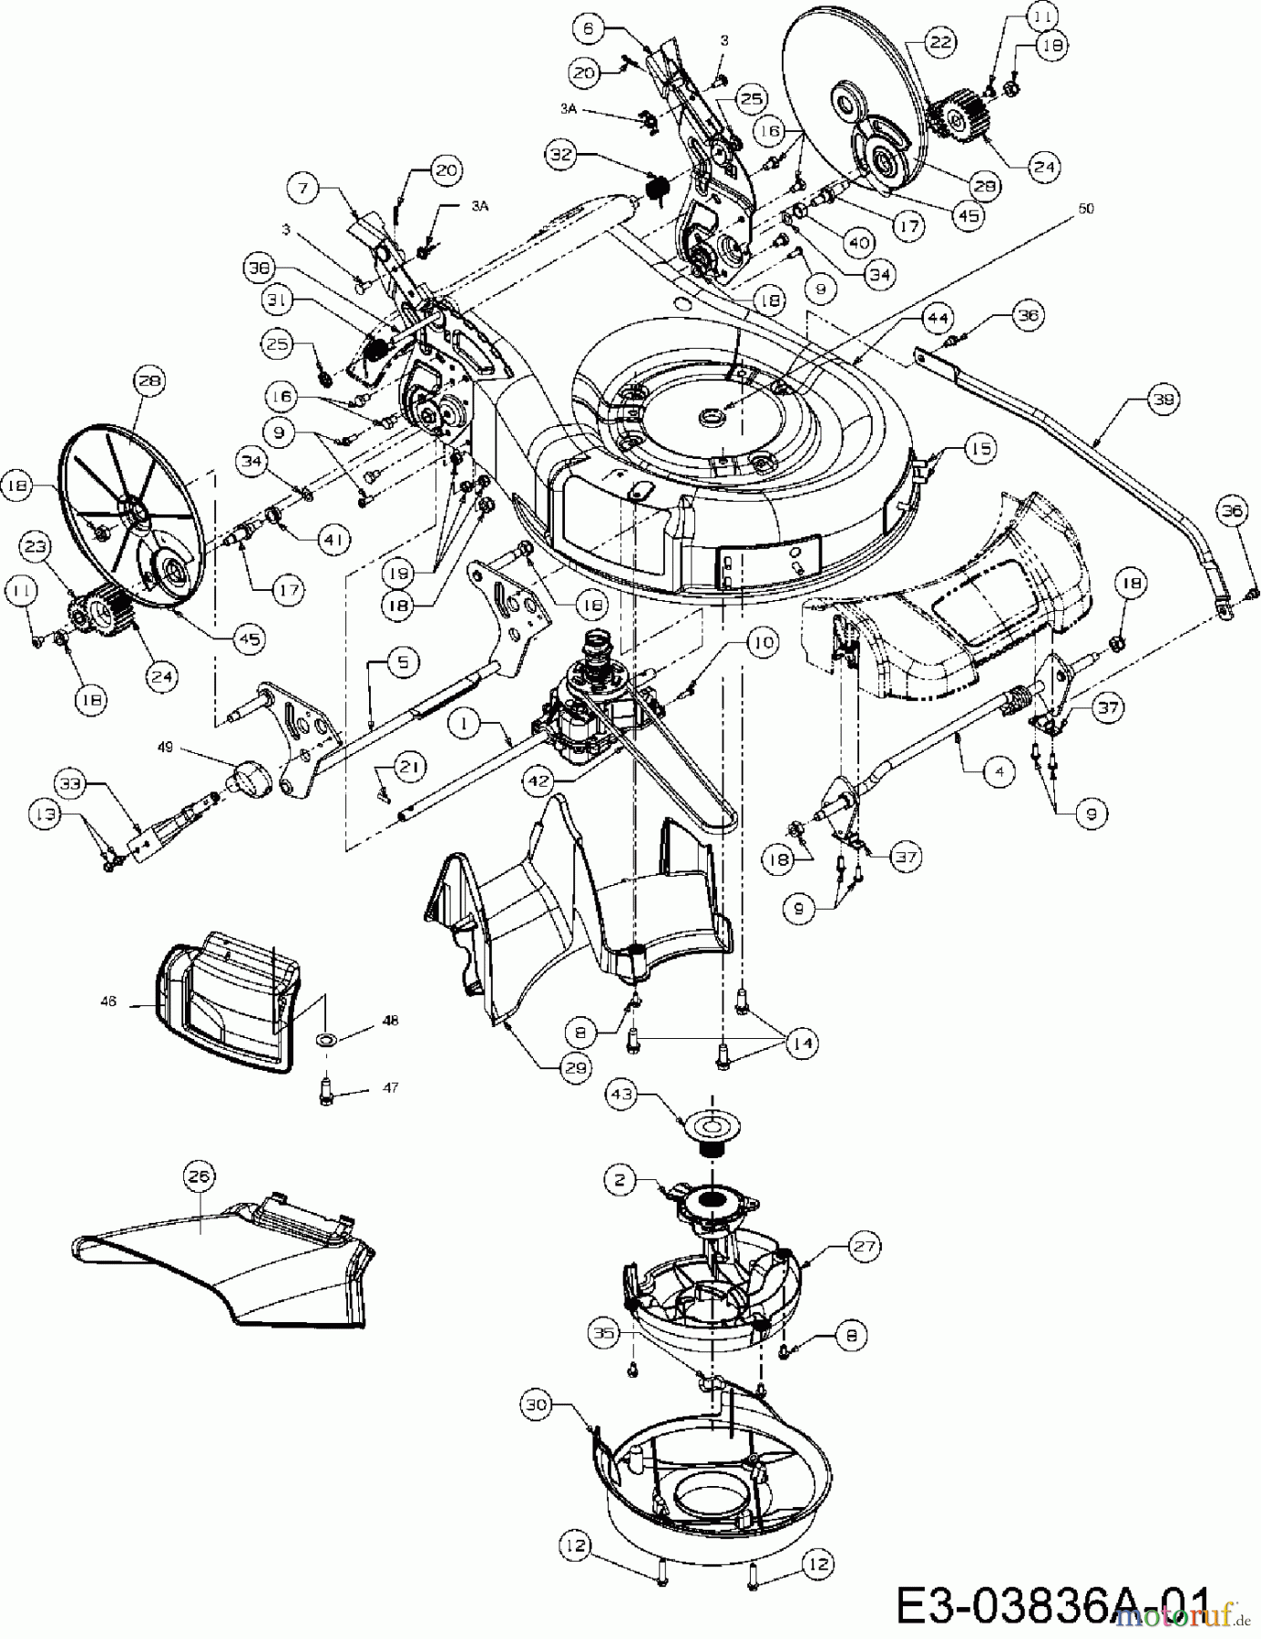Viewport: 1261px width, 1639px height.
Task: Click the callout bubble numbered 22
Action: click(939, 42)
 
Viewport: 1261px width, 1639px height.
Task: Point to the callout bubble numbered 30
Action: click(538, 1405)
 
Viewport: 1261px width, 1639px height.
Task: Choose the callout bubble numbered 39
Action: click(1163, 399)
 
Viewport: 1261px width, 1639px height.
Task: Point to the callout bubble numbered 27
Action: click(865, 1246)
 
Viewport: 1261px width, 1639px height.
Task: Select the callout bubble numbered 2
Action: click(620, 1181)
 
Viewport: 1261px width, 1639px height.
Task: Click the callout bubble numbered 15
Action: click(979, 449)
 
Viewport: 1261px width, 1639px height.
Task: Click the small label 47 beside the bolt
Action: click(390, 1087)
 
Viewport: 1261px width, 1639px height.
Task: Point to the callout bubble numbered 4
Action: click(1000, 770)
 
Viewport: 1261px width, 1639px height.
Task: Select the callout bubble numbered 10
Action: click(763, 644)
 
